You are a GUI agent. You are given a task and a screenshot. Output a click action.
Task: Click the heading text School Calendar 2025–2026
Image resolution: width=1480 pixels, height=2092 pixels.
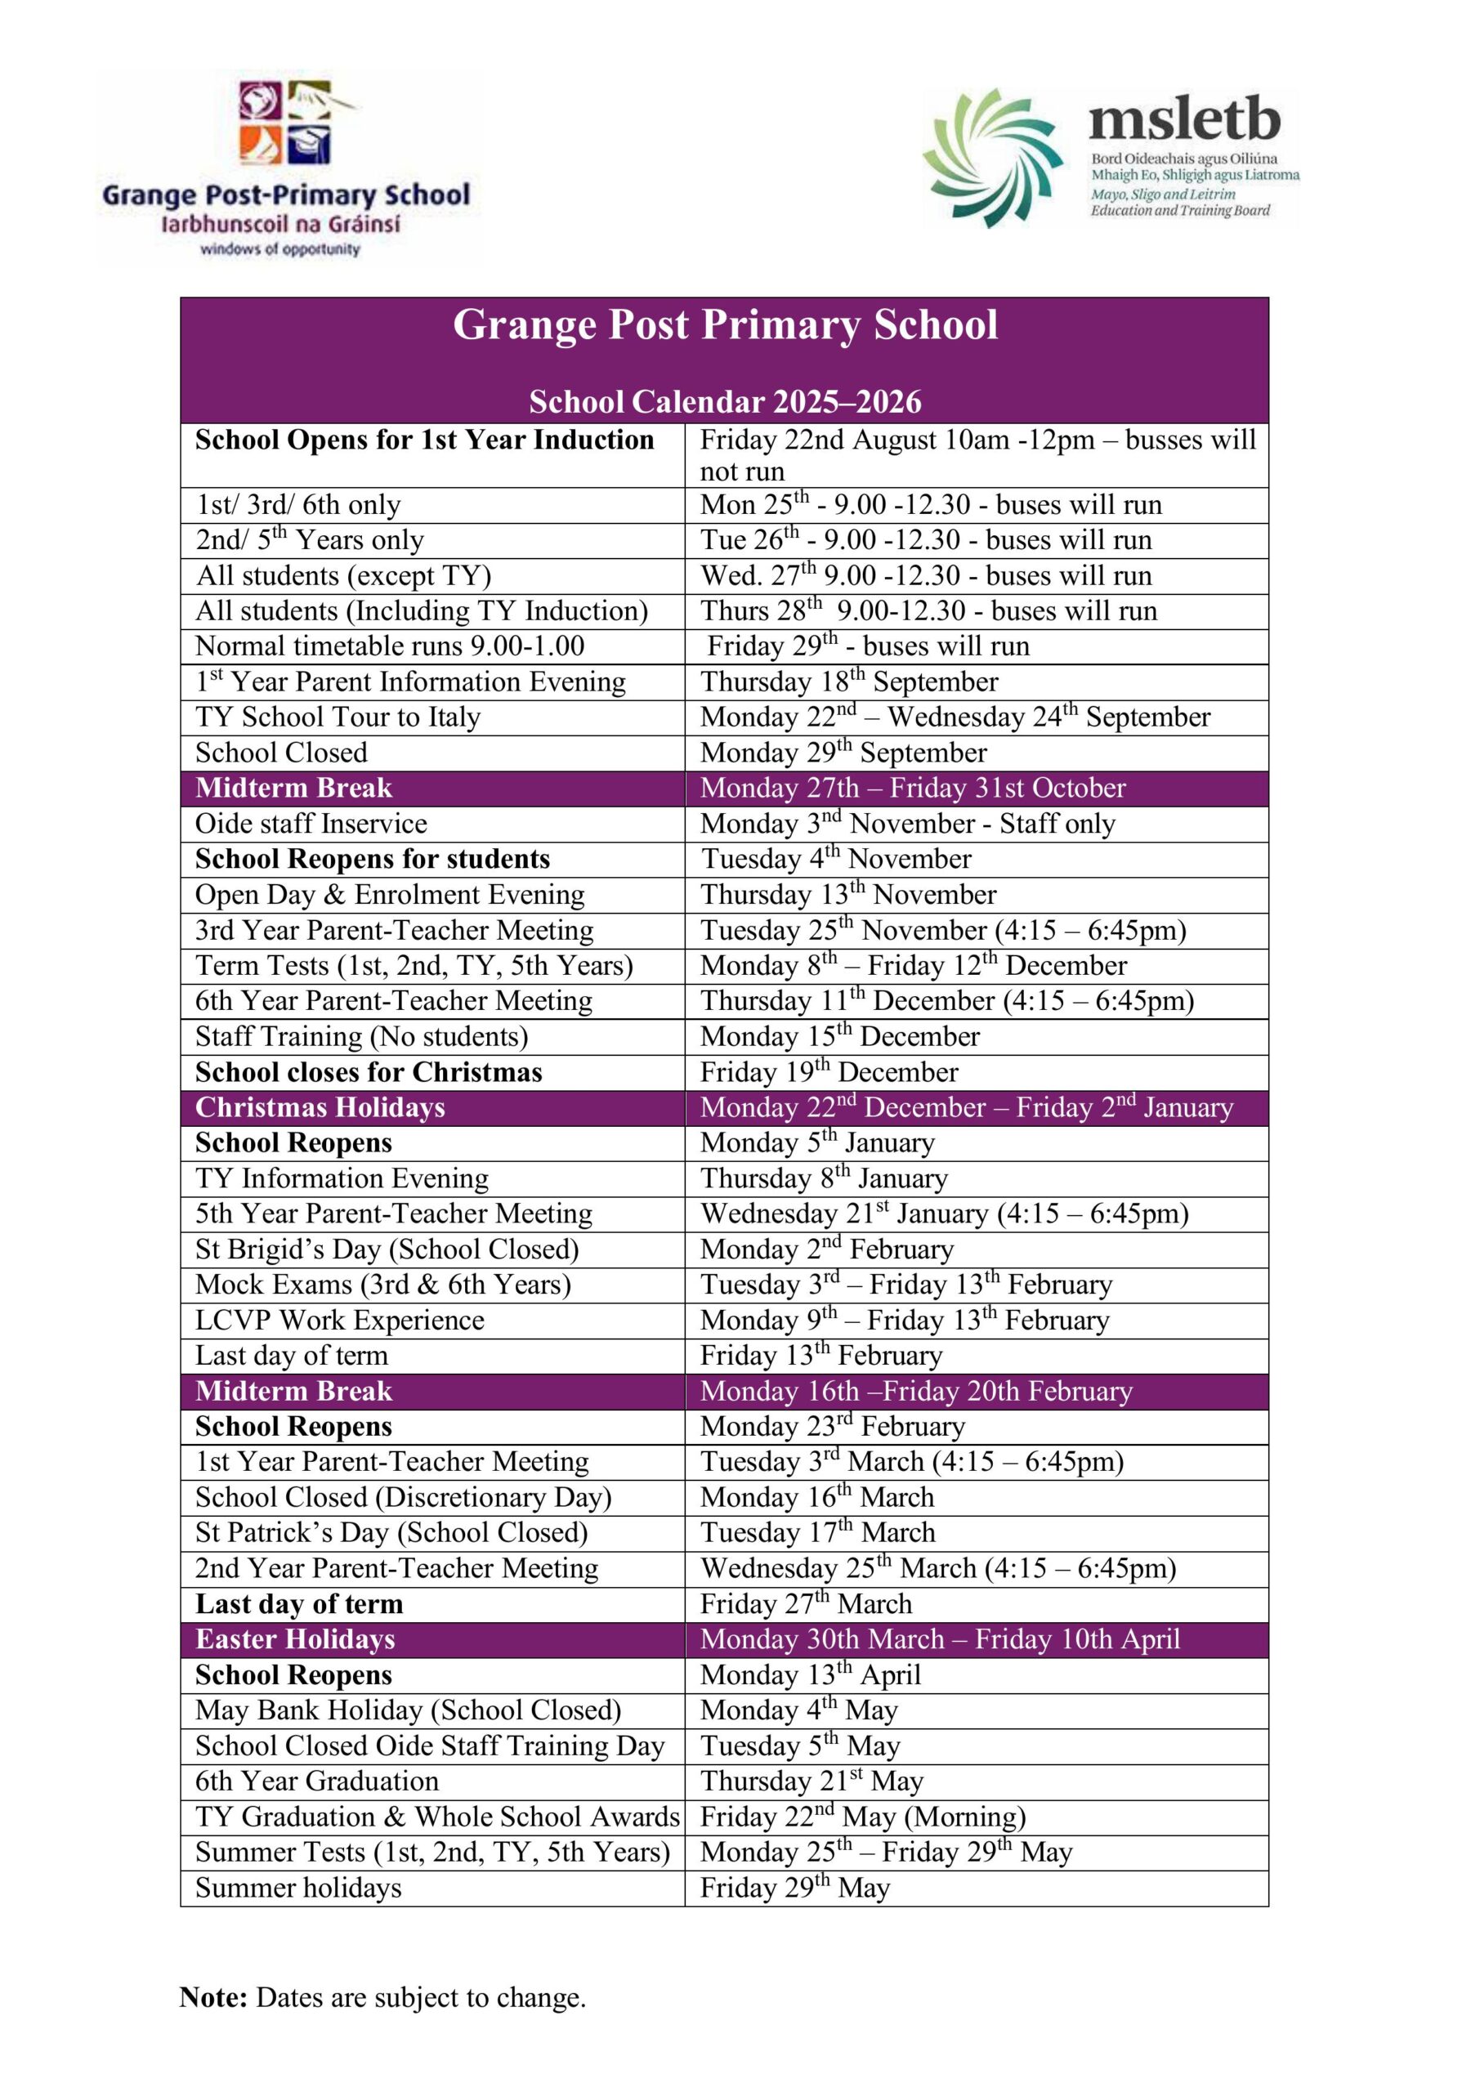725,401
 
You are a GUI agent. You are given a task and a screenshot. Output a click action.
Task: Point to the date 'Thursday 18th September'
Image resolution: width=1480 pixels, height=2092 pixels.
848,682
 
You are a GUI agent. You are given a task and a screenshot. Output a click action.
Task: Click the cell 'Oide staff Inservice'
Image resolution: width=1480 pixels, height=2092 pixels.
311,824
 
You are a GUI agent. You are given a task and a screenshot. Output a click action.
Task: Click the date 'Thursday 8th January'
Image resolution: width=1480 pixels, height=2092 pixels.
824,1178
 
